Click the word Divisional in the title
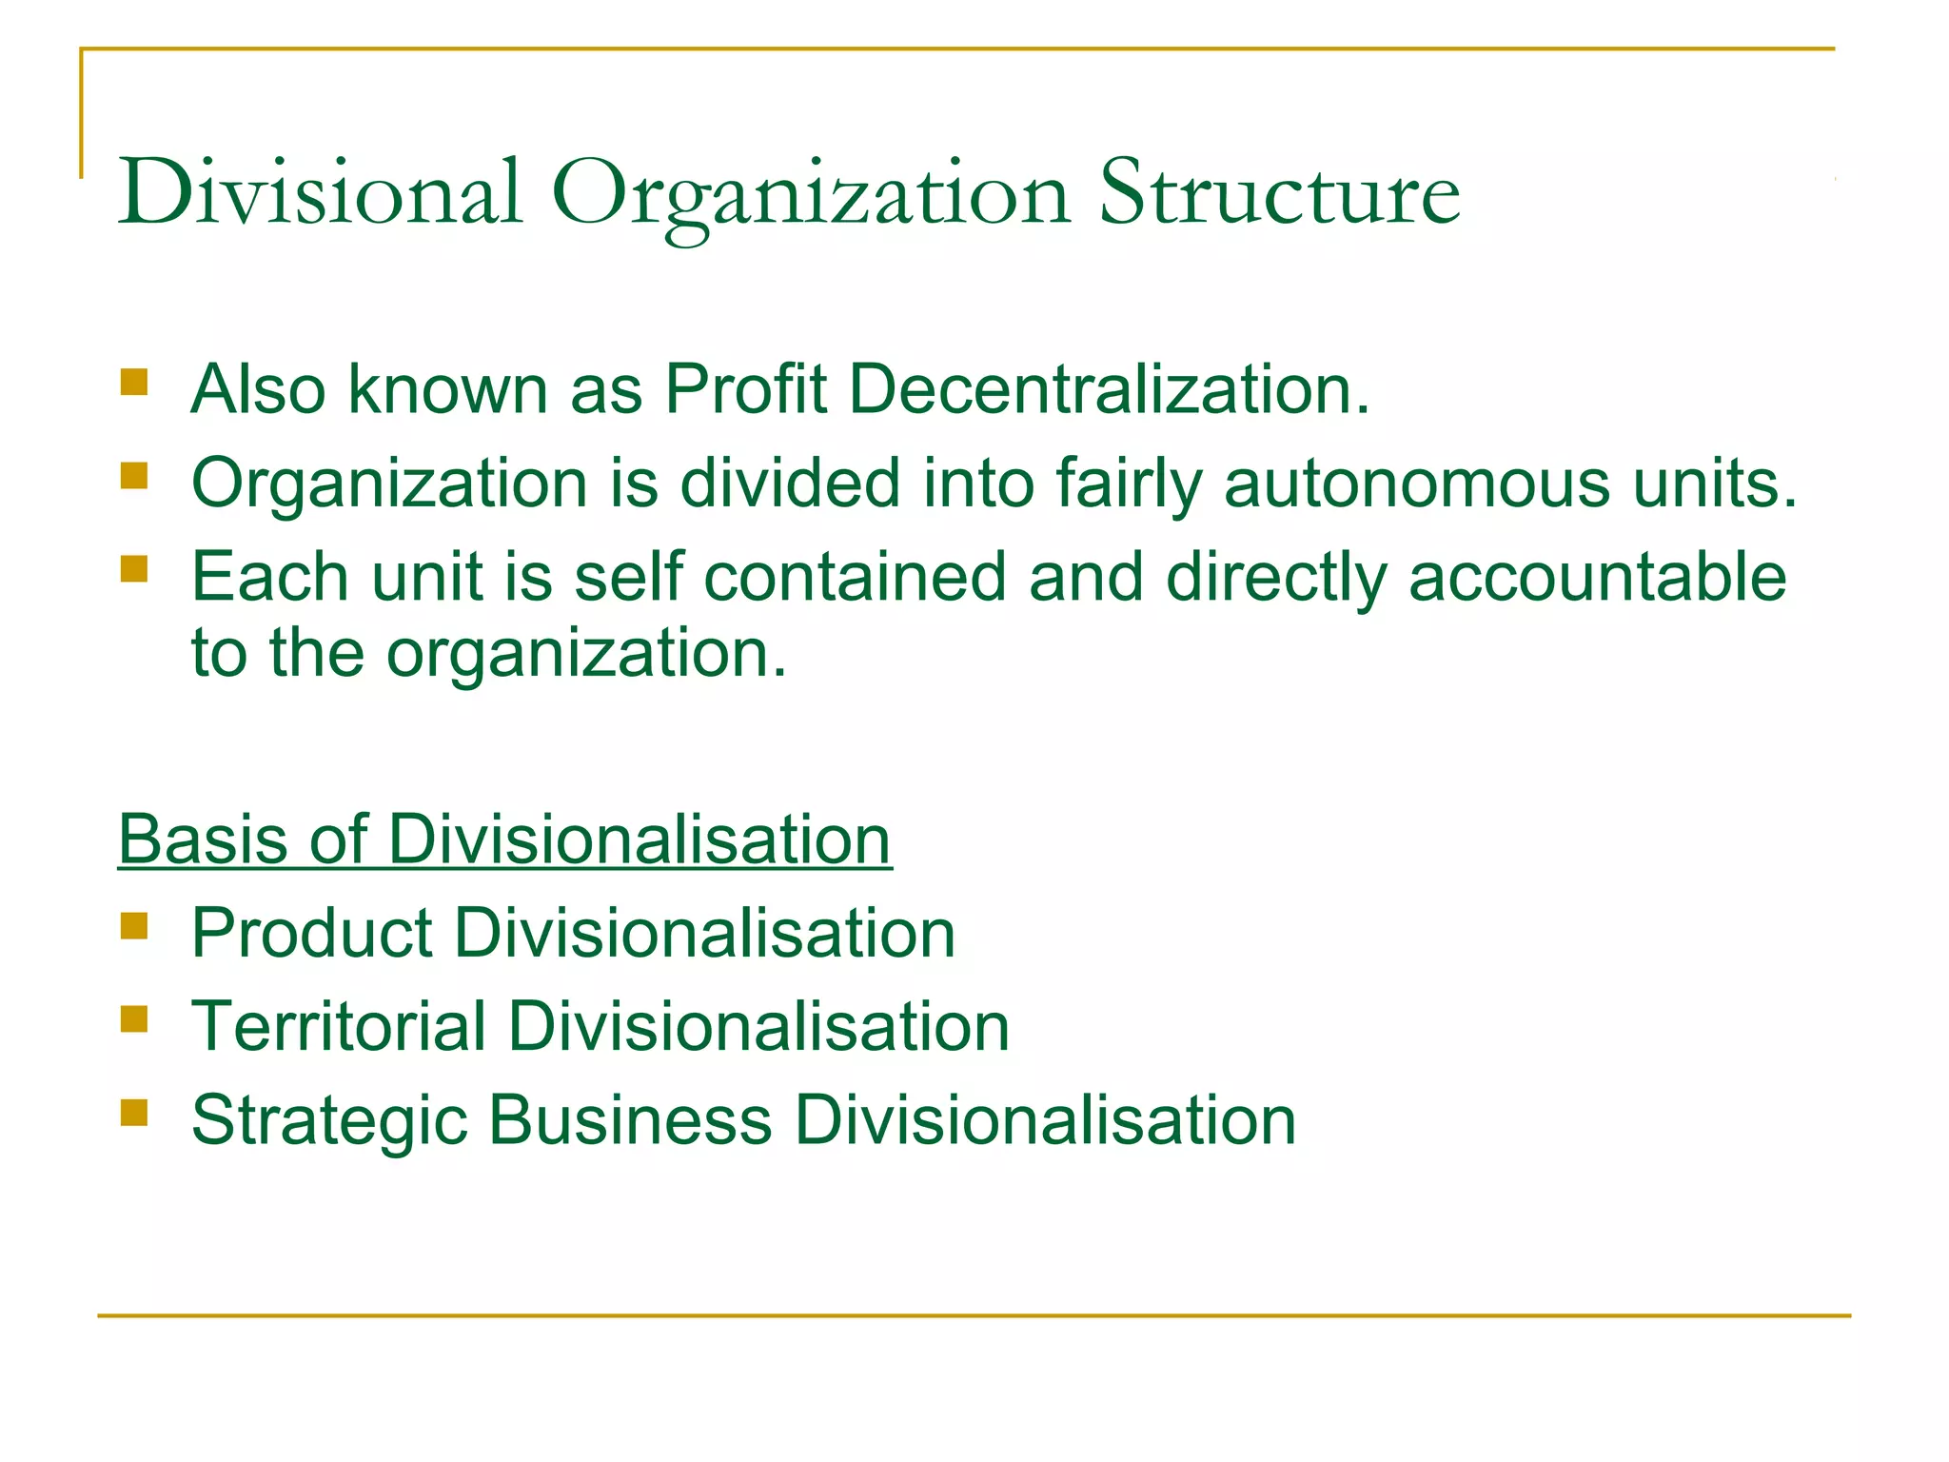pos(320,192)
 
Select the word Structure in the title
pos(1279,192)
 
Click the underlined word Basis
pos(203,840)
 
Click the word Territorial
pos(339,1026)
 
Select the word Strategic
pos(329,1121)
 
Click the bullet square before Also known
pos(134,383)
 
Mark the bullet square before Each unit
pos(134,569)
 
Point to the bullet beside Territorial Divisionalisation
pos(134,1019)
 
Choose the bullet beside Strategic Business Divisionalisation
pos(134,1113)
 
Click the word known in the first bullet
pos(447,389)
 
